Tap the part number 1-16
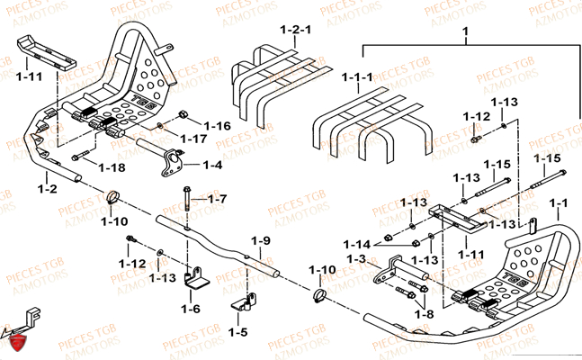217,125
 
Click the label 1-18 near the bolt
112,168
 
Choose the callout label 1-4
211,165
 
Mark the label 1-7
218,198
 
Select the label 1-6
190,309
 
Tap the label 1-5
237,332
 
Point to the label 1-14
359,244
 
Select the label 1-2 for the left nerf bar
47,189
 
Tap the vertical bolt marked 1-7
186,200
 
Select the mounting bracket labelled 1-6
195,277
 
